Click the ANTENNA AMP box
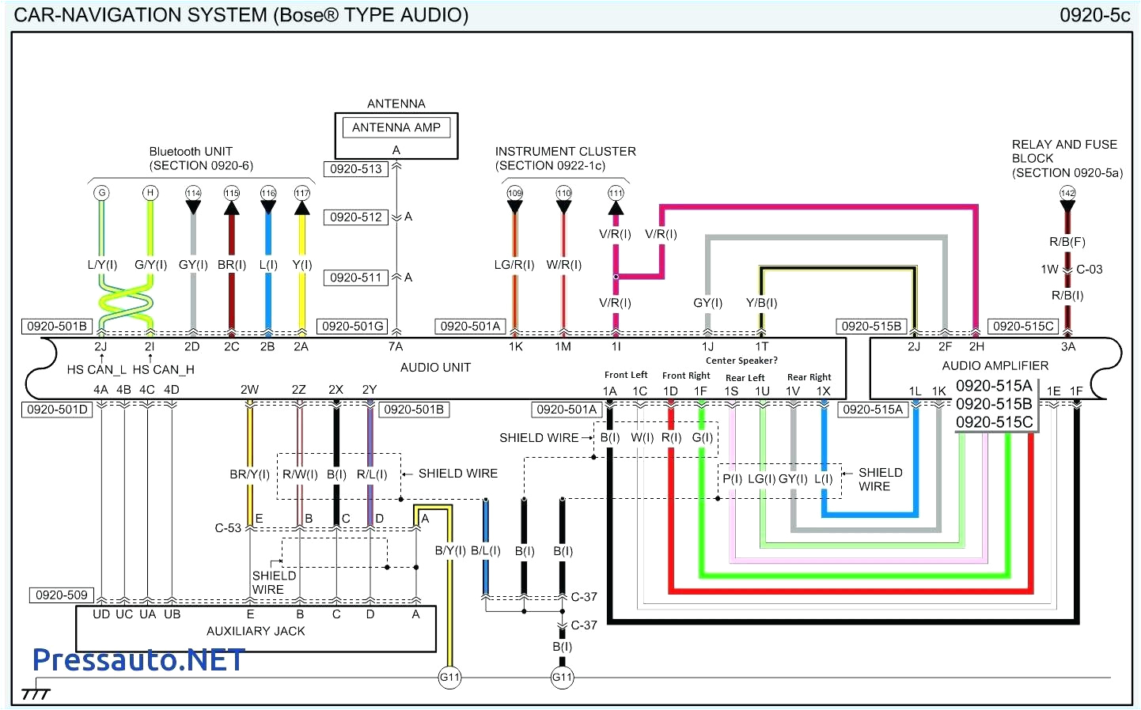click(x=396, y=127)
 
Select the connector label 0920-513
click(x=355, y=168)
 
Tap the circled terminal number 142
click(x=1067, y=193)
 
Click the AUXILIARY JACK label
click(x=255, y=631)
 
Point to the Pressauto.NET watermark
click(x=138, y=659)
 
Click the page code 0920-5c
click(x=1094, y=15)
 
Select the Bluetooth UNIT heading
click(x=191, y=151)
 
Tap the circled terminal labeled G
click(x=101, y=193)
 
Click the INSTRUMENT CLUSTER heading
click(x=565, y=151)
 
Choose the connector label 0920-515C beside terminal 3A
click(x=1023, y=326)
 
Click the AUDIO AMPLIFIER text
click(x=995, y=365)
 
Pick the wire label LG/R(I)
click(x=514, y=265)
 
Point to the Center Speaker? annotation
click(x=741, y=361)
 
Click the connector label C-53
click(x=228, y=527)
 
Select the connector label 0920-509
click(x=61, y=595)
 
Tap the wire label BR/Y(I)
click(x=249, y=474)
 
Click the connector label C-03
click(x=1089, y=269)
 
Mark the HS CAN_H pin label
click(x=163, y=369)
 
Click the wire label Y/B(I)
click(x=761, y=303)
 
